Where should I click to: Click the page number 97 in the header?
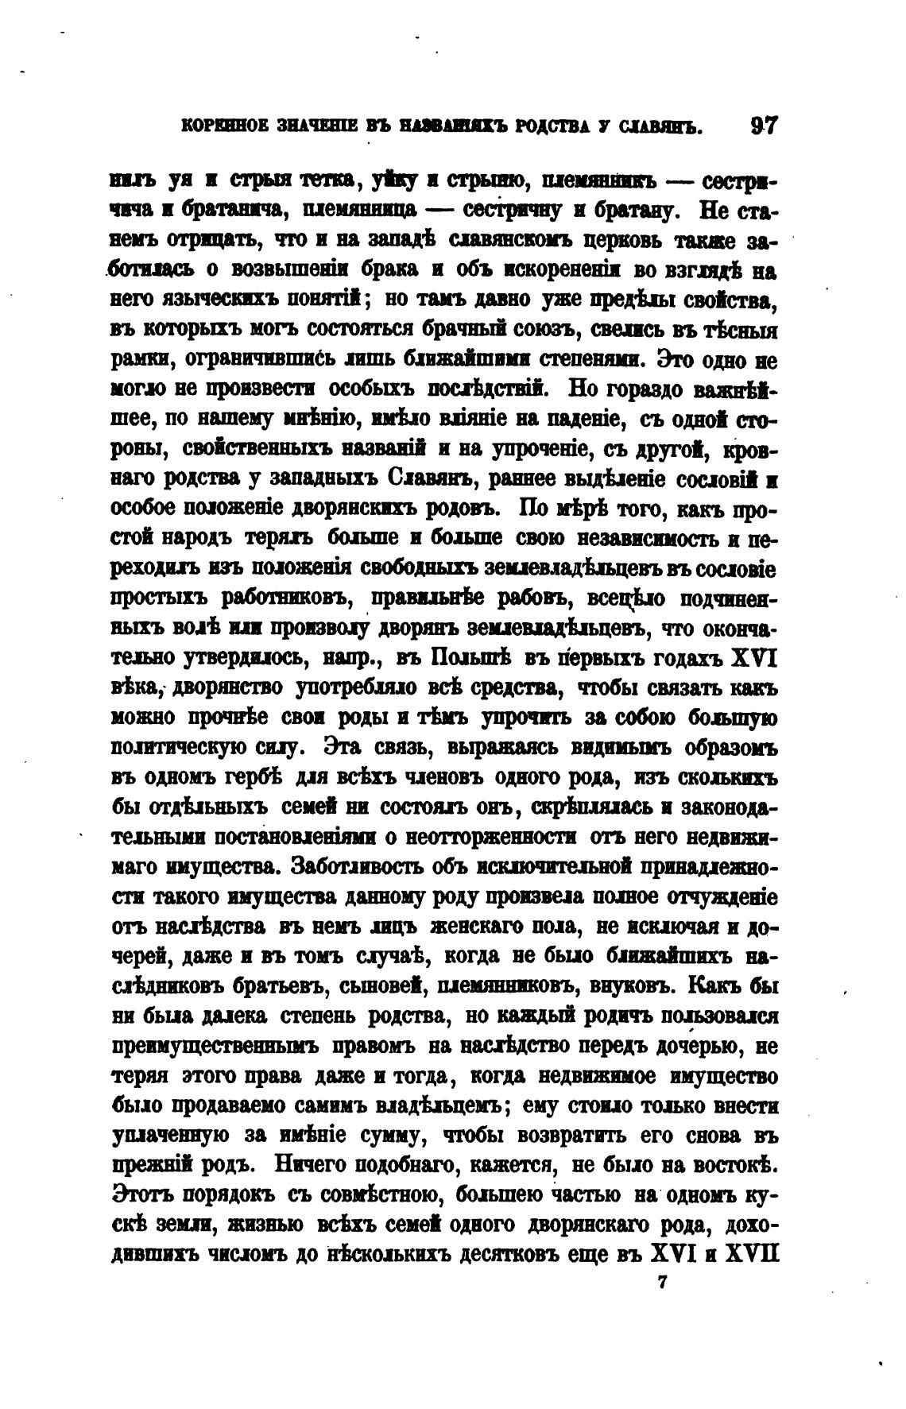[764, 126]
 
